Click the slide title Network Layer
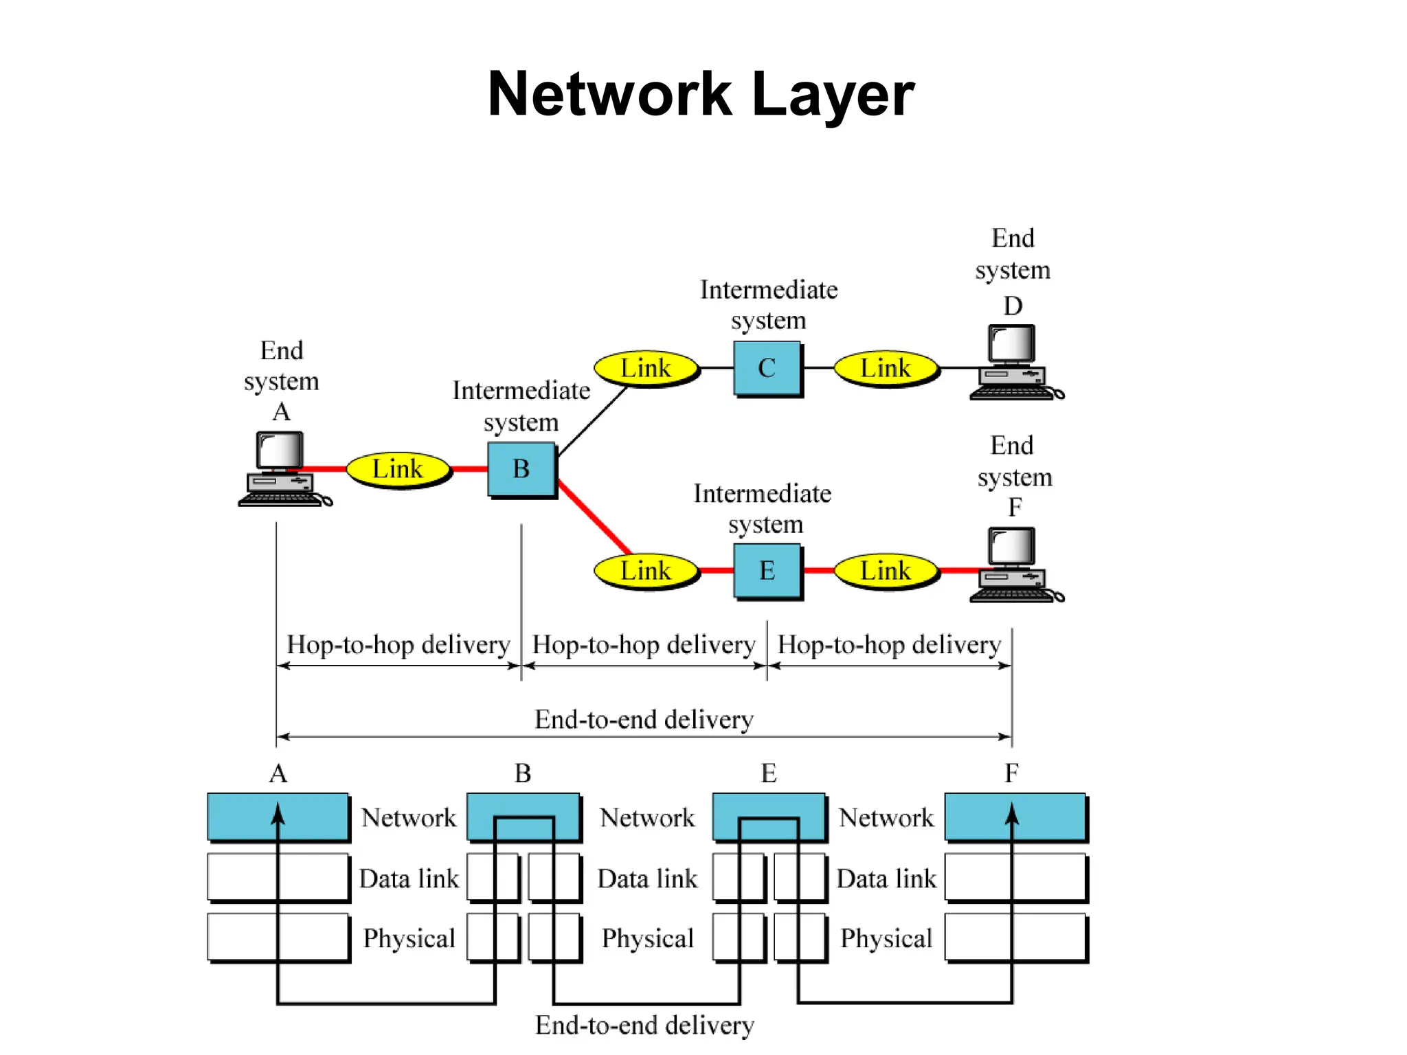[701, 94]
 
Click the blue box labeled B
[521, 469]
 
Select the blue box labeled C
[767, 368]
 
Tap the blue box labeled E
[767, 571]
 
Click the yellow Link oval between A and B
[398, 469]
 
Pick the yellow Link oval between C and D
[886, 368]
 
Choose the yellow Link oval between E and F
[886, 571]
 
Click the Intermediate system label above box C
[768, 305]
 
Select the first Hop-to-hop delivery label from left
[398, 645]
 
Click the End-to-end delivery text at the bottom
[644, 1025]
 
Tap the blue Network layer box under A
[278, 817]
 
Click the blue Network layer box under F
[1015, 817]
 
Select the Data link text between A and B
[409, 878]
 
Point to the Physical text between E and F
[886, 938]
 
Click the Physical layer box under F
[1015, 938]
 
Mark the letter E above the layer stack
[769, 774]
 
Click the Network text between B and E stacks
[647, 818]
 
